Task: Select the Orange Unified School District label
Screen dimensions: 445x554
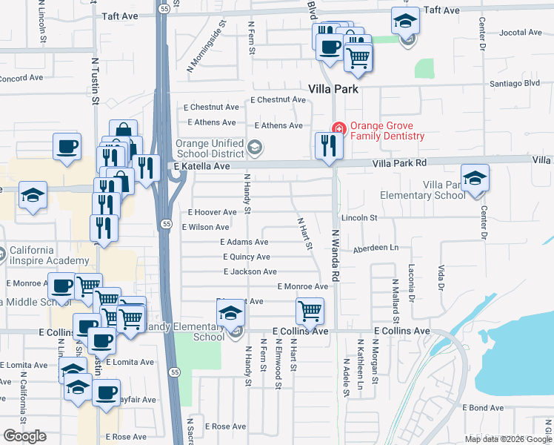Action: point(209,148)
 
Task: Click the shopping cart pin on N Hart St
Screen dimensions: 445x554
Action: point(309,310)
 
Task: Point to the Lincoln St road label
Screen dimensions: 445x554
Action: point(359,218)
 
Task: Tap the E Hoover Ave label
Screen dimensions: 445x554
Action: point(213,212)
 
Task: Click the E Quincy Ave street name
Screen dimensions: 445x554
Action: point(247,257)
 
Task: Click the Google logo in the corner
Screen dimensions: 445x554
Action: point(24,436)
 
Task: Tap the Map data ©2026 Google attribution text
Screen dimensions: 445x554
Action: point(507,439)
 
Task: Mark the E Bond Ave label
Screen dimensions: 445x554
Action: point(483,408)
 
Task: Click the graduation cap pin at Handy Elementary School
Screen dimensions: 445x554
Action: point(230,314)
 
